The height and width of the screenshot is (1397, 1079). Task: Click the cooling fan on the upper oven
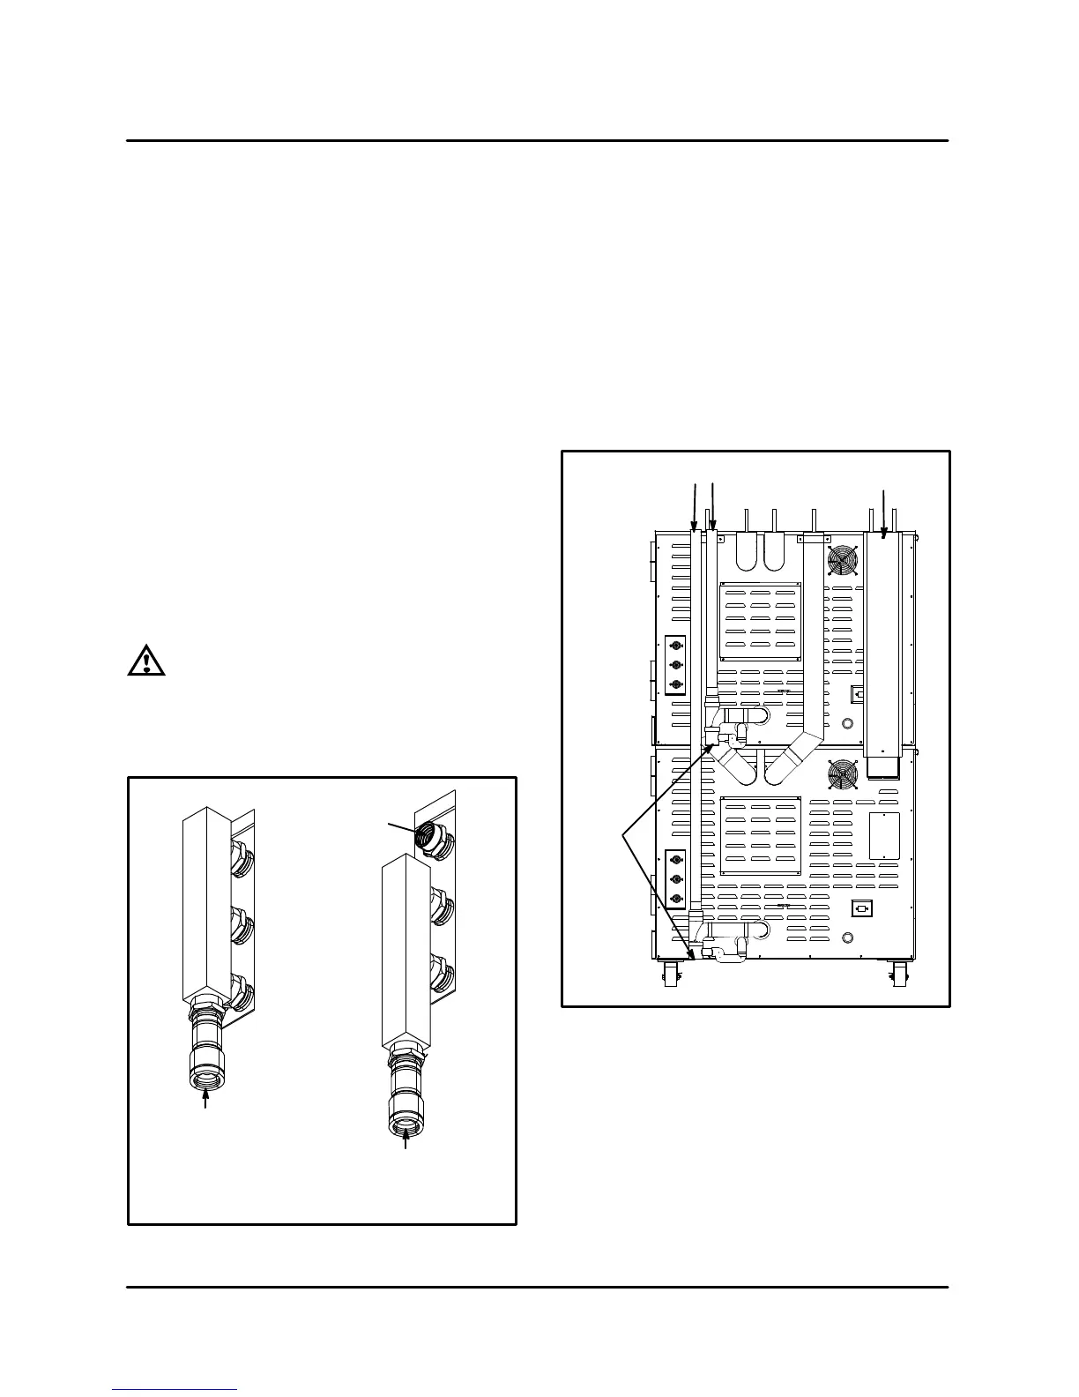tap(842, 559)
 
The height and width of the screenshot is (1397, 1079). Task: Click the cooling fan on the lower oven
tap(842, 775)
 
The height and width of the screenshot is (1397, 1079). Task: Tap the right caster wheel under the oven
tap(900, 975)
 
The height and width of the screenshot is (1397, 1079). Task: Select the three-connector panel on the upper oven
tap(676, 665)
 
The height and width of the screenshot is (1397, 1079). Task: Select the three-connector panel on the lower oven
tap(676, 878)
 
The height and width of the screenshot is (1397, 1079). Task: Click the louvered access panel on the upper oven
tap(760, 621)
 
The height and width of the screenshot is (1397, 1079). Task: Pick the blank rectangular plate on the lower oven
tap(884, 835)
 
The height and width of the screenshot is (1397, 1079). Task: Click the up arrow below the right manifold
tap(406, 1139)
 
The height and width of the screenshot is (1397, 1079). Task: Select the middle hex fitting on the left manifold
tap(241, 928)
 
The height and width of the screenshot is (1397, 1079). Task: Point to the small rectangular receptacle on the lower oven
tap(861, 908)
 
